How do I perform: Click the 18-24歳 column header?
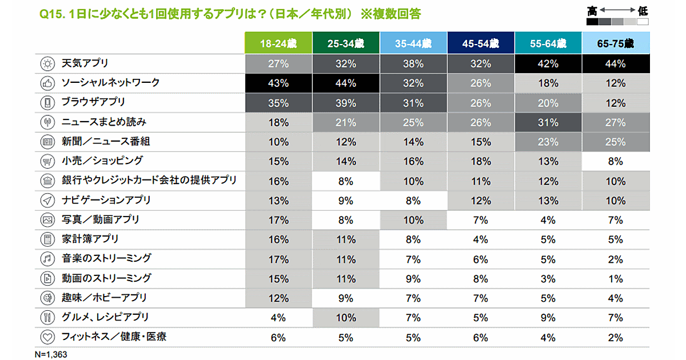point(278,43)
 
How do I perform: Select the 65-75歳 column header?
point(616,43)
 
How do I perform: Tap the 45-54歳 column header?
point(481,43)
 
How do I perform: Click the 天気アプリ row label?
point(85,63)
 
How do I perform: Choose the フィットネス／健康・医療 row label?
point(114,337)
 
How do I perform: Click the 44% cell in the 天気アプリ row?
point(616,63)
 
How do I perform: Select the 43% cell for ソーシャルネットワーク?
point(278,83)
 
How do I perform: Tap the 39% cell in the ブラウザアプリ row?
point(346,103)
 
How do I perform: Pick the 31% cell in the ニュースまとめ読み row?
point(548,122)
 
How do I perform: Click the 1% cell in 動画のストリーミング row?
point(616,278)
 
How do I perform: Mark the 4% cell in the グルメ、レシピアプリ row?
point(278,317)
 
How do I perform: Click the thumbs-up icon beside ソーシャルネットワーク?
point(47,83)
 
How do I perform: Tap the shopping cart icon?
point(47,161)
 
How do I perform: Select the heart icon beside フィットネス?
point(47,337)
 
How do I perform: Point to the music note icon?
point(47,258)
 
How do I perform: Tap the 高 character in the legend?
point(592,10)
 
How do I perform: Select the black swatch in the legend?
point(592,22)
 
